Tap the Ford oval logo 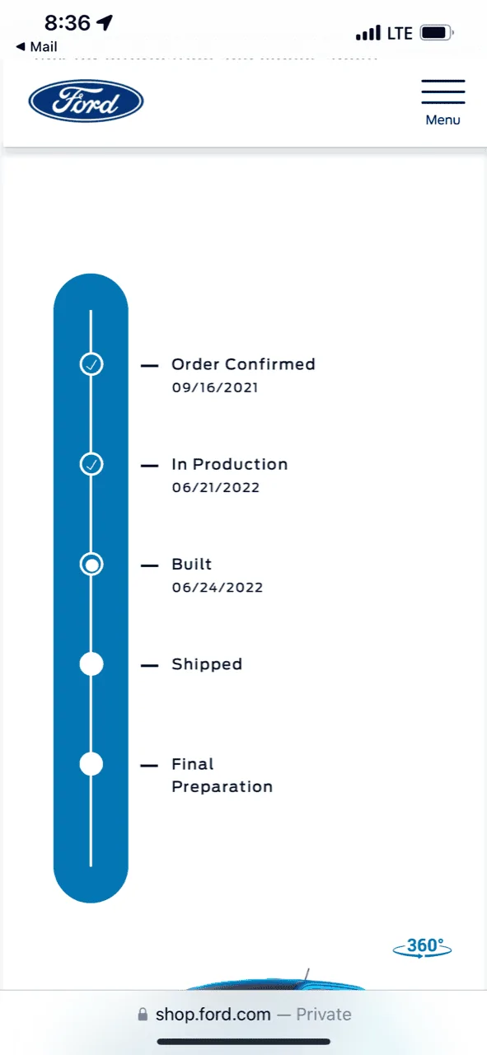click(x=86, y=101)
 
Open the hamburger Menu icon click(x=443, y=91)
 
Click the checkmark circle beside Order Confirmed click(x=91, y=364)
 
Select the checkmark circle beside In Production click(x=91, y=464)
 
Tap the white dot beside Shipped click(x=91, y=664)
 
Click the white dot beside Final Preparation click(x=91, y=764)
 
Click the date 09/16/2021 click(x=215, y=387)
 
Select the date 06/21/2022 click(x=216, y=487)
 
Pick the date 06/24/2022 click(x=217, y=588)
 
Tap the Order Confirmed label click(x=243, y=364)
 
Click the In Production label click(x=229, y=464)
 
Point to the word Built click(x=192, y=565)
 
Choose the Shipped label click(x=207, y=664)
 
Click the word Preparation click(x=222, y=786)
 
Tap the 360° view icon click(x=423, y=947)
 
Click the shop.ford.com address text click(x=213, y=1014)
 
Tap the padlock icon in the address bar click(x=143, y=1014)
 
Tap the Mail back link click(x=37, y=47)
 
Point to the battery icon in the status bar click(x=437, y=33)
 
